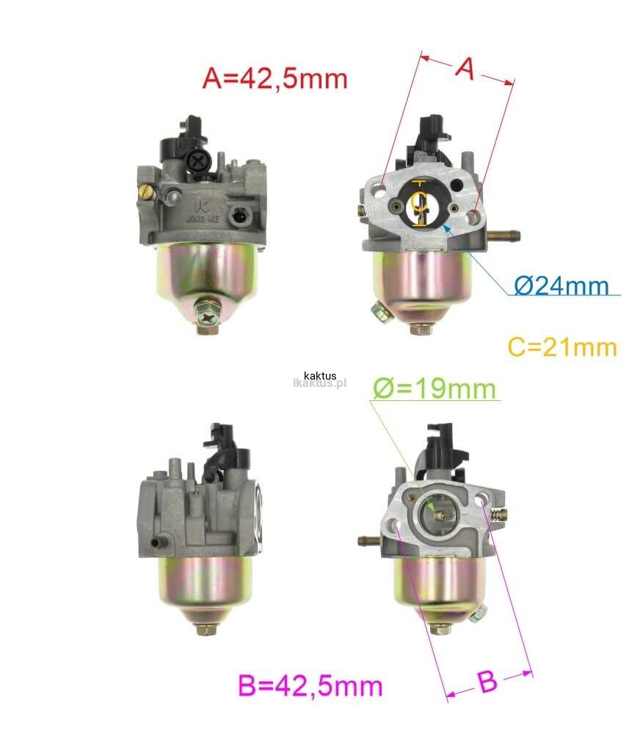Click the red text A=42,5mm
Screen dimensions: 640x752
(x=274, y=78)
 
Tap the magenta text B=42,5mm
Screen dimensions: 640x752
(x=310, y=685)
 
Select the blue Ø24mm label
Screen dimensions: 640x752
(x=561, y=286)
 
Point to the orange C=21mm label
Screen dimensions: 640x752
(x=562, y=347)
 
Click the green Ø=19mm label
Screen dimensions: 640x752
(x=434, y=388)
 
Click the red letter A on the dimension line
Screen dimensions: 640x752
(x=465, y=68)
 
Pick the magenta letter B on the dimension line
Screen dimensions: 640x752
(x=487, y=681)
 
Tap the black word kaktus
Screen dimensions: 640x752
(x=320, y=375)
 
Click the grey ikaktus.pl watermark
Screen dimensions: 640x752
(x=319, y=383)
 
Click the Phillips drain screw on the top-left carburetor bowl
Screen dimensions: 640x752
(x=208, y=317)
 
